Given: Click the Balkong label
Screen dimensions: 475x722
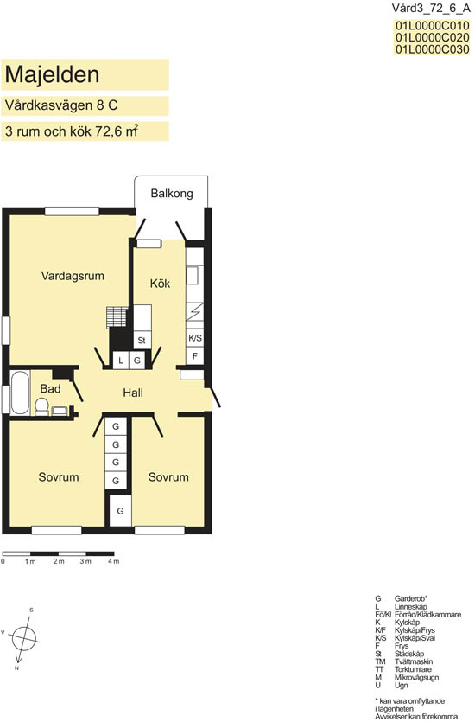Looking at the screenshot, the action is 172,194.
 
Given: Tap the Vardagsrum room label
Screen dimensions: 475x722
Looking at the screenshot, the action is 73,276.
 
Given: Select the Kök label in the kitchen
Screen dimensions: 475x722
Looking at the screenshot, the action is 160,284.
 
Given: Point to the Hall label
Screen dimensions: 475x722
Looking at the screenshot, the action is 133,393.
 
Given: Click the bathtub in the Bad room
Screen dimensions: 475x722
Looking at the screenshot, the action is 20,393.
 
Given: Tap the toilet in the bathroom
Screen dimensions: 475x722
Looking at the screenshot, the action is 41,406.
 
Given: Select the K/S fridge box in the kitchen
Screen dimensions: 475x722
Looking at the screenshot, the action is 195,338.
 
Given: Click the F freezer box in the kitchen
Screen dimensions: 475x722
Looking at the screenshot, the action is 195,355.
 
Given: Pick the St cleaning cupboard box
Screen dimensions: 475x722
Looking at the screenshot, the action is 142,341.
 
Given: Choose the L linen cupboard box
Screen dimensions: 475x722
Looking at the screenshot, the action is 121,361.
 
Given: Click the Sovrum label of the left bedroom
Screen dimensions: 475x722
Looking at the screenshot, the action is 59,477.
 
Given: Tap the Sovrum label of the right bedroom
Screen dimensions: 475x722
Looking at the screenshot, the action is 168,477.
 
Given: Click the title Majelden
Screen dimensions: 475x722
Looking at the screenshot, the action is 52,74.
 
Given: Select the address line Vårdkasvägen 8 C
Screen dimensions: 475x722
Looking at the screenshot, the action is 61,105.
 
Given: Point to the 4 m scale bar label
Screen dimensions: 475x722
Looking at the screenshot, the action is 114,561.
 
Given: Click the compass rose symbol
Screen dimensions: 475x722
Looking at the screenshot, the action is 24,638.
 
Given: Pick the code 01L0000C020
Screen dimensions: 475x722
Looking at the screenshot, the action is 432,37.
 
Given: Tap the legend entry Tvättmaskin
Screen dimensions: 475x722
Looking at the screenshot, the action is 414,661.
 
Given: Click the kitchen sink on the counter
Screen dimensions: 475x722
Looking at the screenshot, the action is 193,275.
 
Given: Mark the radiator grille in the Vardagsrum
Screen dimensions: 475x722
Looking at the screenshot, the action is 117,317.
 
